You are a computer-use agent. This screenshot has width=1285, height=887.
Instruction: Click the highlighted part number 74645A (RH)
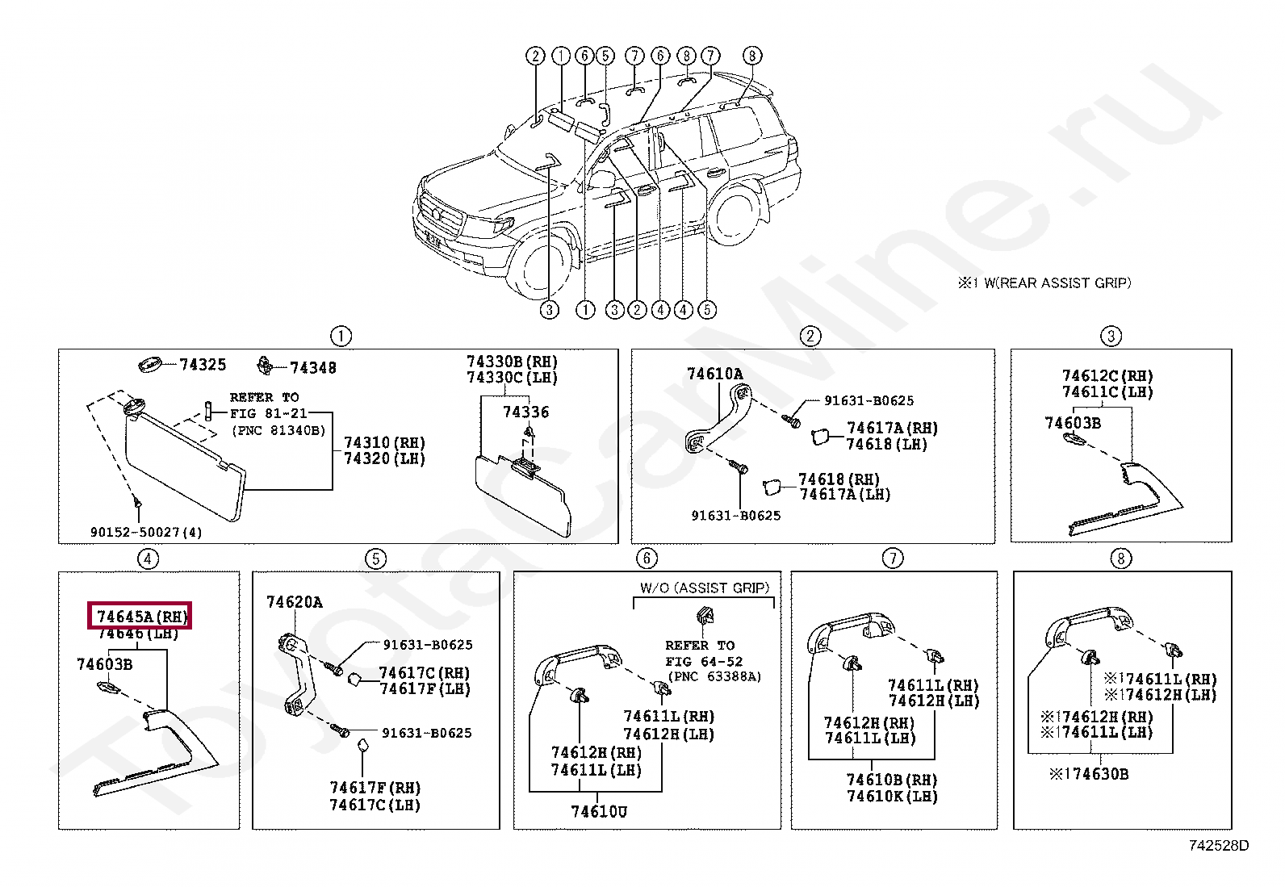click(142, 617)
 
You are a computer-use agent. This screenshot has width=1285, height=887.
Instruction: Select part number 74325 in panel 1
click(203, 365)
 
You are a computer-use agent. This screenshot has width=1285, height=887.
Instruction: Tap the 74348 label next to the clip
click(312, 368)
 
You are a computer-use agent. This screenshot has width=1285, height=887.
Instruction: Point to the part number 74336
click(525, 412)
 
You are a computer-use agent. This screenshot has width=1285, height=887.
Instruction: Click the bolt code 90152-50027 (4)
click(146, 533)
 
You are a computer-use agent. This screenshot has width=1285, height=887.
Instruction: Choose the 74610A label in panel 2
click(715, 374)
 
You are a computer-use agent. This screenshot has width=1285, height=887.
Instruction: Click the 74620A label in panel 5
click(295, 602)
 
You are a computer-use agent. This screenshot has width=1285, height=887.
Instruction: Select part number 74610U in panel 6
click(598, 811)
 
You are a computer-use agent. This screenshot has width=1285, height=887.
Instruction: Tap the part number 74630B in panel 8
click(1089, 774)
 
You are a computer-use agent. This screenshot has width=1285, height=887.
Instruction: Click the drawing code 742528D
click(1219, 846)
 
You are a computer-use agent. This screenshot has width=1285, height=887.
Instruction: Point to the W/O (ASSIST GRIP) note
click(705, 588)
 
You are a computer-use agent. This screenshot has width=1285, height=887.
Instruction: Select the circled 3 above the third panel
click(1111, 336)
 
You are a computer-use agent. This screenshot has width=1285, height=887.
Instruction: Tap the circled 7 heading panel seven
click(893, 559)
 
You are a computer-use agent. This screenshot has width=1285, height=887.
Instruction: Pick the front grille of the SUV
click(441, 215)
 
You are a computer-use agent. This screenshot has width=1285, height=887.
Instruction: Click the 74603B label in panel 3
click(1073, 424)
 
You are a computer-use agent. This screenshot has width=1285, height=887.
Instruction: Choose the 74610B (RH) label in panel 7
click(892, 780)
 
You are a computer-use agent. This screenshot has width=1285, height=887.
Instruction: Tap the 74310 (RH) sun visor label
click(384, 443)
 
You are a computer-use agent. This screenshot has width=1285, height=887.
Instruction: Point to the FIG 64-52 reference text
click(704, 661)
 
